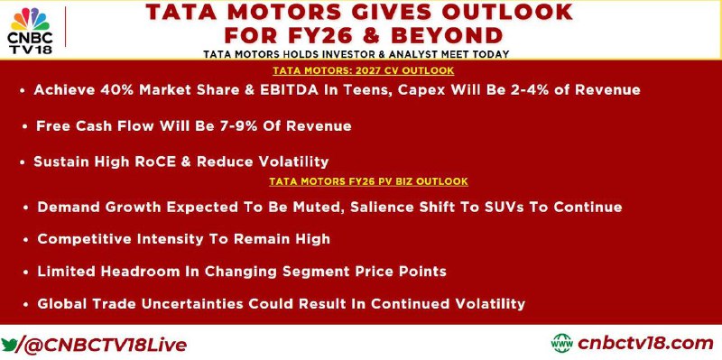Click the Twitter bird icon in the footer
[x=9, y=345]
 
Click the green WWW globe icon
[x=561, y=343]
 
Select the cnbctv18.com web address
[x=645, y=343]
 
